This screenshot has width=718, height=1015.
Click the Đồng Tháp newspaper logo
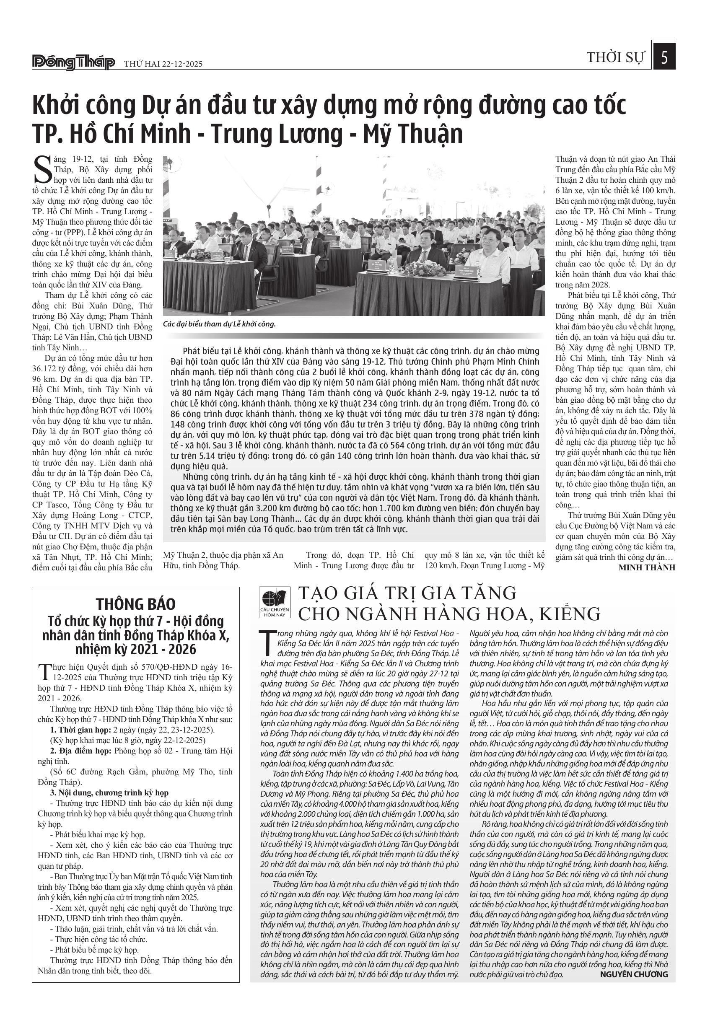73,63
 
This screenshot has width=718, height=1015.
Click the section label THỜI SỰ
616,57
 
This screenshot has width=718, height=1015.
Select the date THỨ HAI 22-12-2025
163,64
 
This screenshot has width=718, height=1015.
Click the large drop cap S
42,169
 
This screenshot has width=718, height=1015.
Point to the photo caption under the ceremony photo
219,324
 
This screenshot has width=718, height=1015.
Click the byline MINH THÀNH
647,567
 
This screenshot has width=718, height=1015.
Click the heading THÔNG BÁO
136,604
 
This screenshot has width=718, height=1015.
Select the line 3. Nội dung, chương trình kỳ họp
109,792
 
